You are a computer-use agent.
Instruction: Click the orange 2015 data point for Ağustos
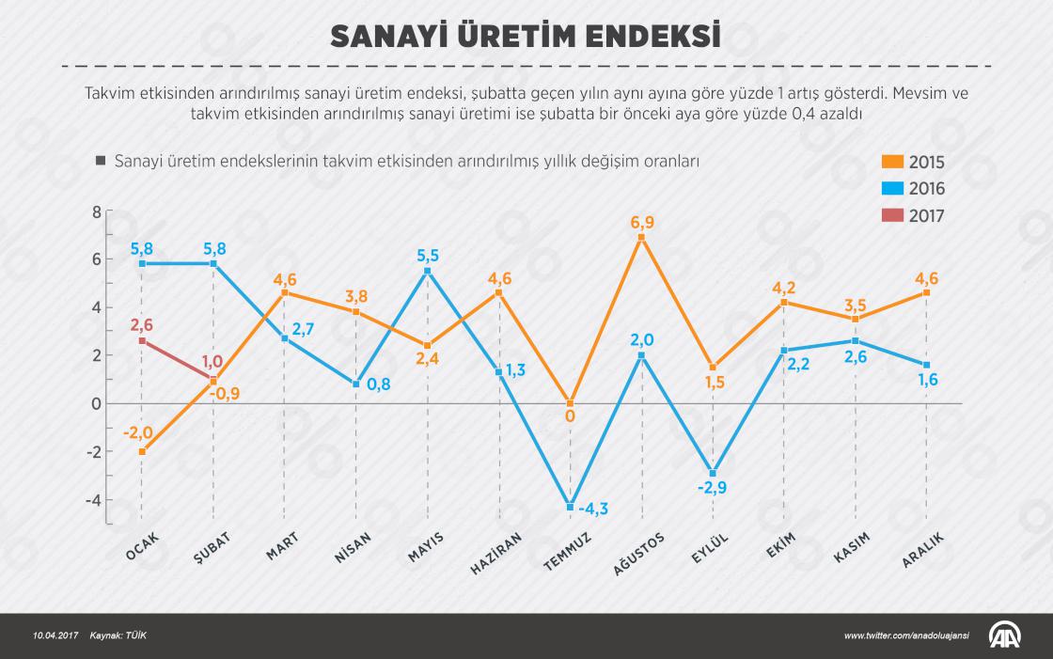click(x=642, y=238)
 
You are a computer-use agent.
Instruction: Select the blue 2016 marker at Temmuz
click(x=571, y=507)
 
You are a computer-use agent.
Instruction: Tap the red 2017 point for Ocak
click(x=142, y=341)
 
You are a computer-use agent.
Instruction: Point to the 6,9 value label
click(x=642, y=222)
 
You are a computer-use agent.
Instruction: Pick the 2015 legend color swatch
click(x=893, y=162)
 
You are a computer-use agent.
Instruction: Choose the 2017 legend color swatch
click(x=893, y=215)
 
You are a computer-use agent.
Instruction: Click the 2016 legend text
click(x=927, y=189)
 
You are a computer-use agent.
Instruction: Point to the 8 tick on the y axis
click(x=96, y=212)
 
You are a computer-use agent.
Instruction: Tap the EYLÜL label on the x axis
click(x=711, y=548)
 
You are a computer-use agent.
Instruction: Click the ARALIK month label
click(x=922, y=548)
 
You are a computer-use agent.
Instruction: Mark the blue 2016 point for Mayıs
click(x=428, y=271)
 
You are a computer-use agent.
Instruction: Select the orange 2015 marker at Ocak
click(x=142, y=451)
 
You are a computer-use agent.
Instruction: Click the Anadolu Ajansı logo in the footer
click(x=1007, y=635)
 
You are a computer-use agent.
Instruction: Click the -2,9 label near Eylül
click(x=712, y=489)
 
